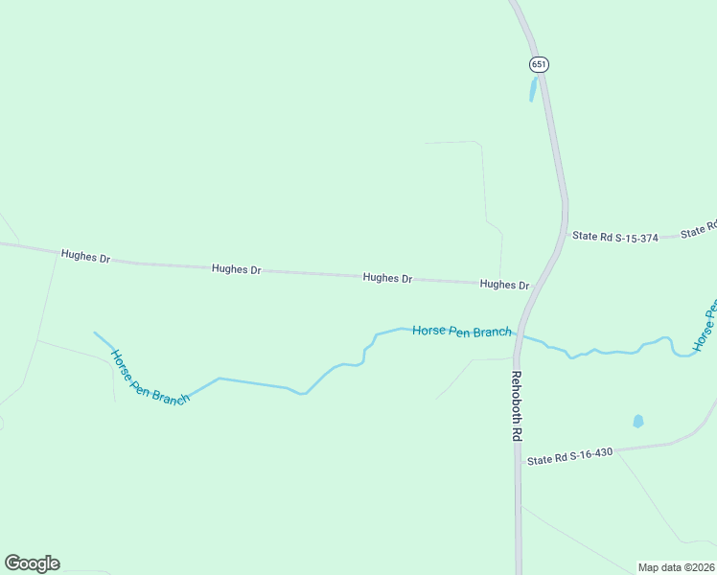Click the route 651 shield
click(539, 63)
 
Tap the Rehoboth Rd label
click(516, 405)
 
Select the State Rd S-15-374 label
click(614, 237)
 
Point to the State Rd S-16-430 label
click(569, 459)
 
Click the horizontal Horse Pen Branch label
click(461, 332)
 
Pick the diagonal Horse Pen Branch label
click(150, 378)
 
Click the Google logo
click(32, 563)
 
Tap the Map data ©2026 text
click(676, 566)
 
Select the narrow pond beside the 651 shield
click(533, 89)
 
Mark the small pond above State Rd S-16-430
click(638, 421)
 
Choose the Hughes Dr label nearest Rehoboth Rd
click(504, 285)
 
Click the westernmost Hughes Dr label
click(85, 256)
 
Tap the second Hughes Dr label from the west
click(236, 270)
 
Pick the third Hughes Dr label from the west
click(387, 278)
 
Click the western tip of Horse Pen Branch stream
click(94, 333)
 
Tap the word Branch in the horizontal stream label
click(493, 333)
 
